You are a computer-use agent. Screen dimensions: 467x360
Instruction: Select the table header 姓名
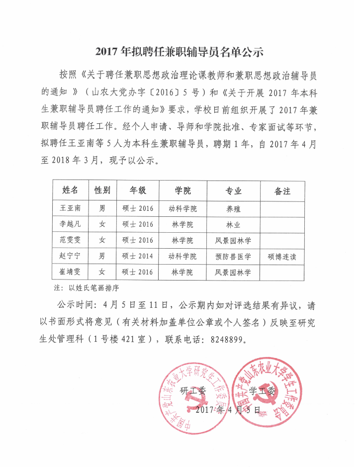[70, 190]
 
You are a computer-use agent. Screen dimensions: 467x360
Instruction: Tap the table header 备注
[282, 191]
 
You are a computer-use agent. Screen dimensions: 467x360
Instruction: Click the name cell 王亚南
[70, 208]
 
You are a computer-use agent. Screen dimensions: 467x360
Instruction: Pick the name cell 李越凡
[70, 224]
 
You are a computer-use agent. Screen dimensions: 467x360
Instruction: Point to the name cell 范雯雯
[70, 240]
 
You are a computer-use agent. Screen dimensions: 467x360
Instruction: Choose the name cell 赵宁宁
[70, 257]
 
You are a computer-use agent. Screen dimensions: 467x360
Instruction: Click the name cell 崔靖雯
[70, 273]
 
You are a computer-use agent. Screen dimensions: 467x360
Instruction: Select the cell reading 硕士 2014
[138, 257]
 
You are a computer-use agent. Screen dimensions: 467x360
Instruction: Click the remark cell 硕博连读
[282, 257]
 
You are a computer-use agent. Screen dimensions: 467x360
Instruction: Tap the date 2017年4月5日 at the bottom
[228, 410]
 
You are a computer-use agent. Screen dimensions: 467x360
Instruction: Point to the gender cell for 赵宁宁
[102, 257]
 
